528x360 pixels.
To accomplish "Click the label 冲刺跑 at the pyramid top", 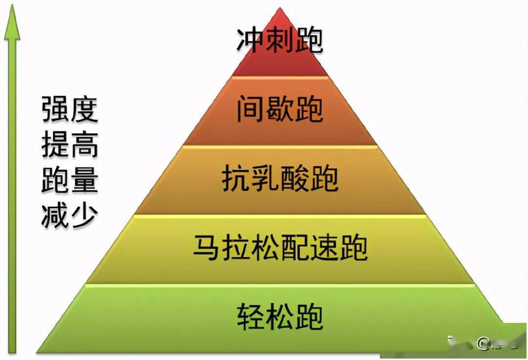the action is tap(280, 41).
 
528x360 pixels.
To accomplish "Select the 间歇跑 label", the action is tap(280, 108).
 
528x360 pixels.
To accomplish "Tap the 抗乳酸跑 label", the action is tap(280, 178).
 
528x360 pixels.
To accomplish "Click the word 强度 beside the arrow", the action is tap(70, 109).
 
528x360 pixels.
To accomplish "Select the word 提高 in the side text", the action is tap(70, 144).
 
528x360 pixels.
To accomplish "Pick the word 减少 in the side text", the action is tap(70, 215).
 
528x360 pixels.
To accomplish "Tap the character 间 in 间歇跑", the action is tap(250, 109).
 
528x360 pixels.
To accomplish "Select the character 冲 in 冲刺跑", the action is tap(250, 41).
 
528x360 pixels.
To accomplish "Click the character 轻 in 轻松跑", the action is tap(250, 317).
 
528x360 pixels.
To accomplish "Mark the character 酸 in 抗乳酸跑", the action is tap(295, 178).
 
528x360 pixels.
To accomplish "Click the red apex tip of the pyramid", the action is tap(280, 9).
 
